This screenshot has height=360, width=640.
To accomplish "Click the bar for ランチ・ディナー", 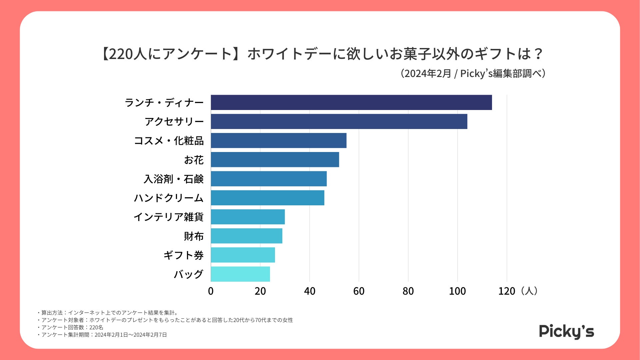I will pos(351,102).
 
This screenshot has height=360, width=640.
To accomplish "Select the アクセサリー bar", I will pos(339,121).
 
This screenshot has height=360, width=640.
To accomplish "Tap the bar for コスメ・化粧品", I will pos(279,140).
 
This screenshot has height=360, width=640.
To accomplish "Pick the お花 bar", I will pos(275,160).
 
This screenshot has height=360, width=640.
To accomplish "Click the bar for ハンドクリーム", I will pos(268,198).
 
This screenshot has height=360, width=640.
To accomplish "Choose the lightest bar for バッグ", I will pos(240,274).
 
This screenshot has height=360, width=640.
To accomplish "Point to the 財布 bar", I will pos(247,236).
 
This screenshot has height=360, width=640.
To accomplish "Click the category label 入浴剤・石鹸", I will pos(173,179).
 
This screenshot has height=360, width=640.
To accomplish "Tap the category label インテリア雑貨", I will pos(168,217).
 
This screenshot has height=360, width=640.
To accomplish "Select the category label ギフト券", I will pos(183,255).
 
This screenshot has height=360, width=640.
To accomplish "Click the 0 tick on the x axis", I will pos(211,291).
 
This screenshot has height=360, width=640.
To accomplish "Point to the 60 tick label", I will pos(359,291).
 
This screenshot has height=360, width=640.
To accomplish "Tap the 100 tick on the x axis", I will pos(457,291).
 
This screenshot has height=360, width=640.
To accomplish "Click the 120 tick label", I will pos(507,291).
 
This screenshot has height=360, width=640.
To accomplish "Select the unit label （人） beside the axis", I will pos(529,291).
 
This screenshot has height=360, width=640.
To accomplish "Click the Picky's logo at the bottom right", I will pos(566,331).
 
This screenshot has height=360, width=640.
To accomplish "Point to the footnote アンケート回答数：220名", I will pos(72,327).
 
